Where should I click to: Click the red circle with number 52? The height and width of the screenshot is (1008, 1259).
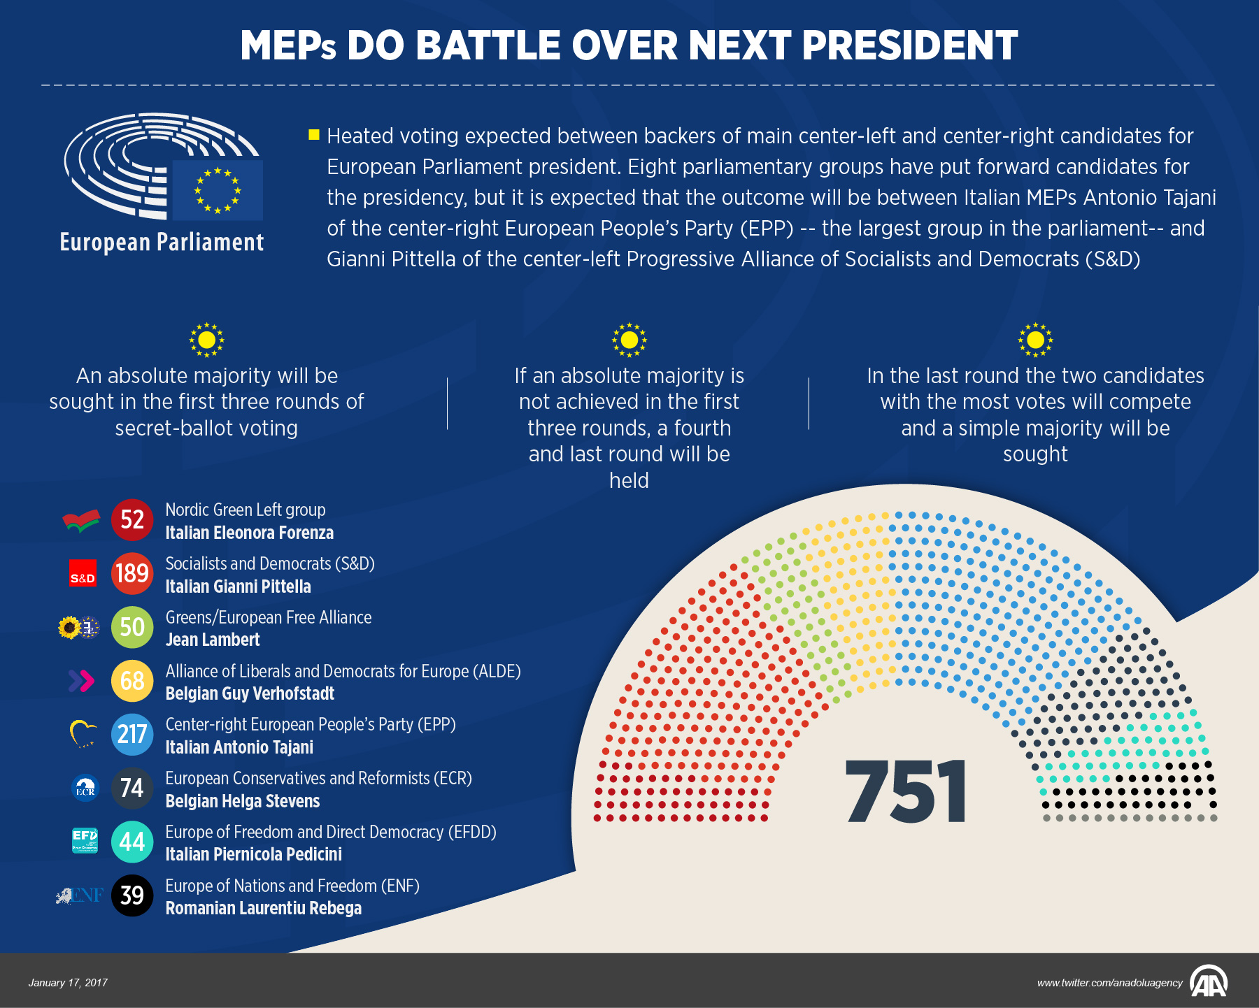point(132,519)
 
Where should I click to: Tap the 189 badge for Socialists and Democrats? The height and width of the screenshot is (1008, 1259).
point(132,573)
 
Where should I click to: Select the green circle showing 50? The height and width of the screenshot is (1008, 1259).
point(132,627)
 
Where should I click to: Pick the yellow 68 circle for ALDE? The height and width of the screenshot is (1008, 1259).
point(132,681)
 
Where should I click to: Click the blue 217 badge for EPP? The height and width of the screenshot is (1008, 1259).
point(132,734)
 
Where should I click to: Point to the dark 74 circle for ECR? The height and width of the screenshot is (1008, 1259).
point(132,788)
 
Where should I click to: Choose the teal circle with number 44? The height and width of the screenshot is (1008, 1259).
point(132,842)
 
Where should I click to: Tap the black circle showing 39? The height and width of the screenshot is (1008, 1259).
point(132,895)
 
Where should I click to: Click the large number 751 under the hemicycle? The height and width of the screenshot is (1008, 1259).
point(905,792)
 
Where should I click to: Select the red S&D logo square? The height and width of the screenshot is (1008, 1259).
point(83,573)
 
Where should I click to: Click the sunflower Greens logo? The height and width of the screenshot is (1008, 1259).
point(70,628)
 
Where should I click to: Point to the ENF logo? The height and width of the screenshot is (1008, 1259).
point(80,895)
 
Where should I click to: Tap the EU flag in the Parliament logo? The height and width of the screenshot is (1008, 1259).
point(218,190)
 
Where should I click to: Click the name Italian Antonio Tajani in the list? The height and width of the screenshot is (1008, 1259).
point(239,747)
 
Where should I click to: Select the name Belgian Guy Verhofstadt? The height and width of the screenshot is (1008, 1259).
point(250,693)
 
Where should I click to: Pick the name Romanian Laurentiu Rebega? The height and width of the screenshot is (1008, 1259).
point(263,908)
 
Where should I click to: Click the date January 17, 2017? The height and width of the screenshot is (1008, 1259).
point(68,983)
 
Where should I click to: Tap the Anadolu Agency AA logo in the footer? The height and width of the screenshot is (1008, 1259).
point(1209,982)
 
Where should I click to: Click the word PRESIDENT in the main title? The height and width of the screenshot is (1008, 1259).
point(909,46)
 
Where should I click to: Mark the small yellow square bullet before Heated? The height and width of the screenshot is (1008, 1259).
point(314,134)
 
